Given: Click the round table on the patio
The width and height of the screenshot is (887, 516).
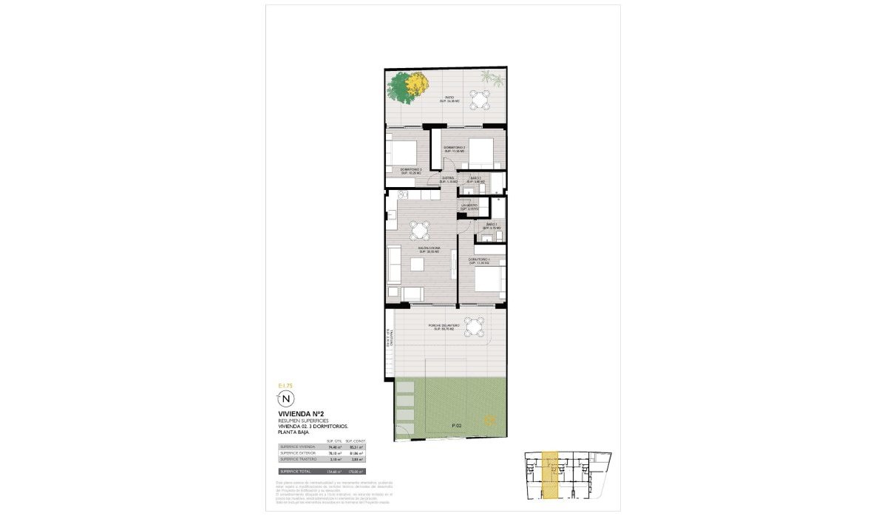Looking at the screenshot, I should (481, 99).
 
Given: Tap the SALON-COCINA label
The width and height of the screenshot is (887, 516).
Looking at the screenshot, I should (429, 249).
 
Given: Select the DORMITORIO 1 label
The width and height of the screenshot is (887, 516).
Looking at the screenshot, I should (480, 261).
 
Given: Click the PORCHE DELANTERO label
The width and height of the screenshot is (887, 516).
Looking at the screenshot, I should (443, 326).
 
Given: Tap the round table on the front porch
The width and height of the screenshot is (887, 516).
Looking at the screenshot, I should (477, 325).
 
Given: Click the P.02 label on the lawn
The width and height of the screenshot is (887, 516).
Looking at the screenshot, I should (456, 426).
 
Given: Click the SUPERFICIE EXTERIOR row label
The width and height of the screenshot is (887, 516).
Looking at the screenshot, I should (298, 453).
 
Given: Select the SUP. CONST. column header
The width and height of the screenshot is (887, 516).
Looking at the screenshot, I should (356, 441).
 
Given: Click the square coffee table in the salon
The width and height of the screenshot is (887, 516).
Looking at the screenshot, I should (418, 264).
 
